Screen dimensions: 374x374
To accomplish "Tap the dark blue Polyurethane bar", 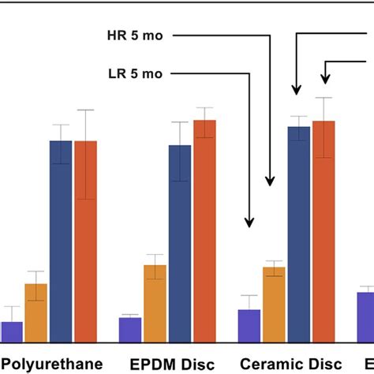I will point(61,241).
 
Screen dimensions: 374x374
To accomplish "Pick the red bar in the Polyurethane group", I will point(85,241).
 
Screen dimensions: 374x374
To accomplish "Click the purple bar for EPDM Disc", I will point(130,330).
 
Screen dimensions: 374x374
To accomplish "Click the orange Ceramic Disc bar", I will point(274,305).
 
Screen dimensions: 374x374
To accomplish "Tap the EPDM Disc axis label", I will point(166,364).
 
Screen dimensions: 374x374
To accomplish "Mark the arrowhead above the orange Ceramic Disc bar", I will point(270,180).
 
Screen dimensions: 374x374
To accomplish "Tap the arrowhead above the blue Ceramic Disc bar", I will point(297,90).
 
